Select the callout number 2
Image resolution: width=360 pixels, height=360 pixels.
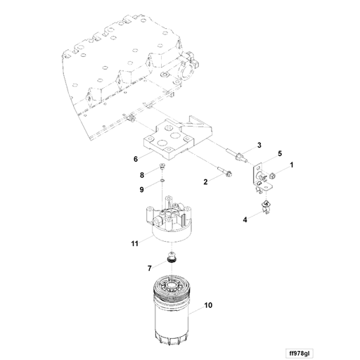click(205, 182)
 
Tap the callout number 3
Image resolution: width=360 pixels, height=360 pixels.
click(259, 145)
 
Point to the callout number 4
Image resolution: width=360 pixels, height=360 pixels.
click(245, 220)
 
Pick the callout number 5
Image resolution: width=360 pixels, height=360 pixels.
click(279, 153)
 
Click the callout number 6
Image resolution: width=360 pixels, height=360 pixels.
click(136, 159)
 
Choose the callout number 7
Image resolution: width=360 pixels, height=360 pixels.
click(149, 268)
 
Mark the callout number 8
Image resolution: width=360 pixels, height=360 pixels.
click(141, 175)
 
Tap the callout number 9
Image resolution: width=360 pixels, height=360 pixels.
click(141, 189)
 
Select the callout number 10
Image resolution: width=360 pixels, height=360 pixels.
click(208, 306)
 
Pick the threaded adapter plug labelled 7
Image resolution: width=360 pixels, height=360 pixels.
click(171, 259)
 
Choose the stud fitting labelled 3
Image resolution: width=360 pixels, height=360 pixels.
click(235, 154)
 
